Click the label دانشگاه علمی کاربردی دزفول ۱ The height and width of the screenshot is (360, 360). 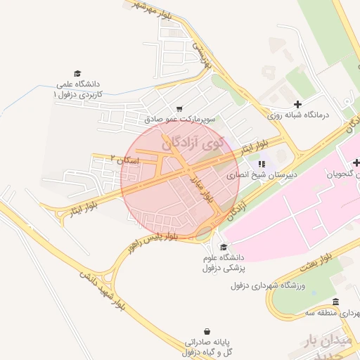tap(78, 89)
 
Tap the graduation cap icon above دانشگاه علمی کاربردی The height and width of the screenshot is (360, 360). tap(77, 73)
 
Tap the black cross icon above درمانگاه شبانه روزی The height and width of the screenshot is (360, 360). tap(298, 104)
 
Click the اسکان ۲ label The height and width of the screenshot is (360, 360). tap(127, 161)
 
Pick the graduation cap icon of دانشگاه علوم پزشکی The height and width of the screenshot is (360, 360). tap(224, 247)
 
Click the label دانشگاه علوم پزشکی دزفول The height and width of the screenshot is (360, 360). tap(222, 263)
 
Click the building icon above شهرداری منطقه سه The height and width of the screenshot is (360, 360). tap(335, 302)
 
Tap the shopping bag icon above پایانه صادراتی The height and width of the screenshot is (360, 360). tap(207, 331)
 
